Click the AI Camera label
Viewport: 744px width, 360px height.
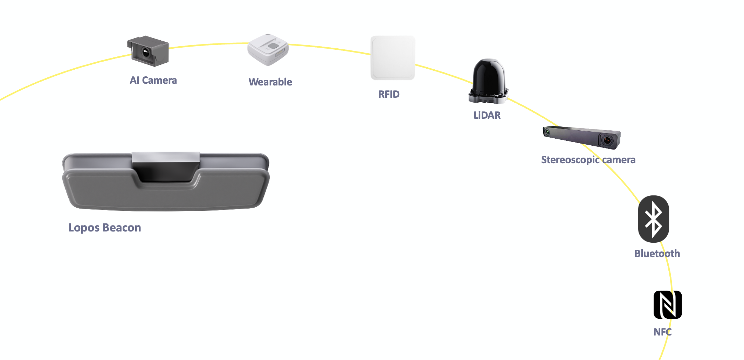click(153, 80)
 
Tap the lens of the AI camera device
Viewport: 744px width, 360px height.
click(145, 53)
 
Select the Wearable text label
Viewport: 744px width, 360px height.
click(270, 82)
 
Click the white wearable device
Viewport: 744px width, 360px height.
click(268, 49)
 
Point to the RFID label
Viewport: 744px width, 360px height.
click(389, 94)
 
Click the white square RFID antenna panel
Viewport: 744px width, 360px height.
click(393, 58)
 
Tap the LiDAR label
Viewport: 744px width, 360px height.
click(487, 115)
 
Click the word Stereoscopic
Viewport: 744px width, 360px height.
click(570, 160)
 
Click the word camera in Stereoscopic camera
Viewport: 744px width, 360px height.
click(619, 160)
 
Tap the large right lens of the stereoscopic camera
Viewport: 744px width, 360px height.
click(607, 140)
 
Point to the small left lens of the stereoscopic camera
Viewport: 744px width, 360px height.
click(547, 132)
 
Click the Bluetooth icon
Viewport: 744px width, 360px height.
click(653, 219)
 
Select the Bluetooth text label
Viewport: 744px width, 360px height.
click(657, 254)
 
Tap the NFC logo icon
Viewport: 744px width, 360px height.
click(668, 305)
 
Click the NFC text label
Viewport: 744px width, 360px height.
click(662, 332)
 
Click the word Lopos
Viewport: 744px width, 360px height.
click(84, 228)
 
